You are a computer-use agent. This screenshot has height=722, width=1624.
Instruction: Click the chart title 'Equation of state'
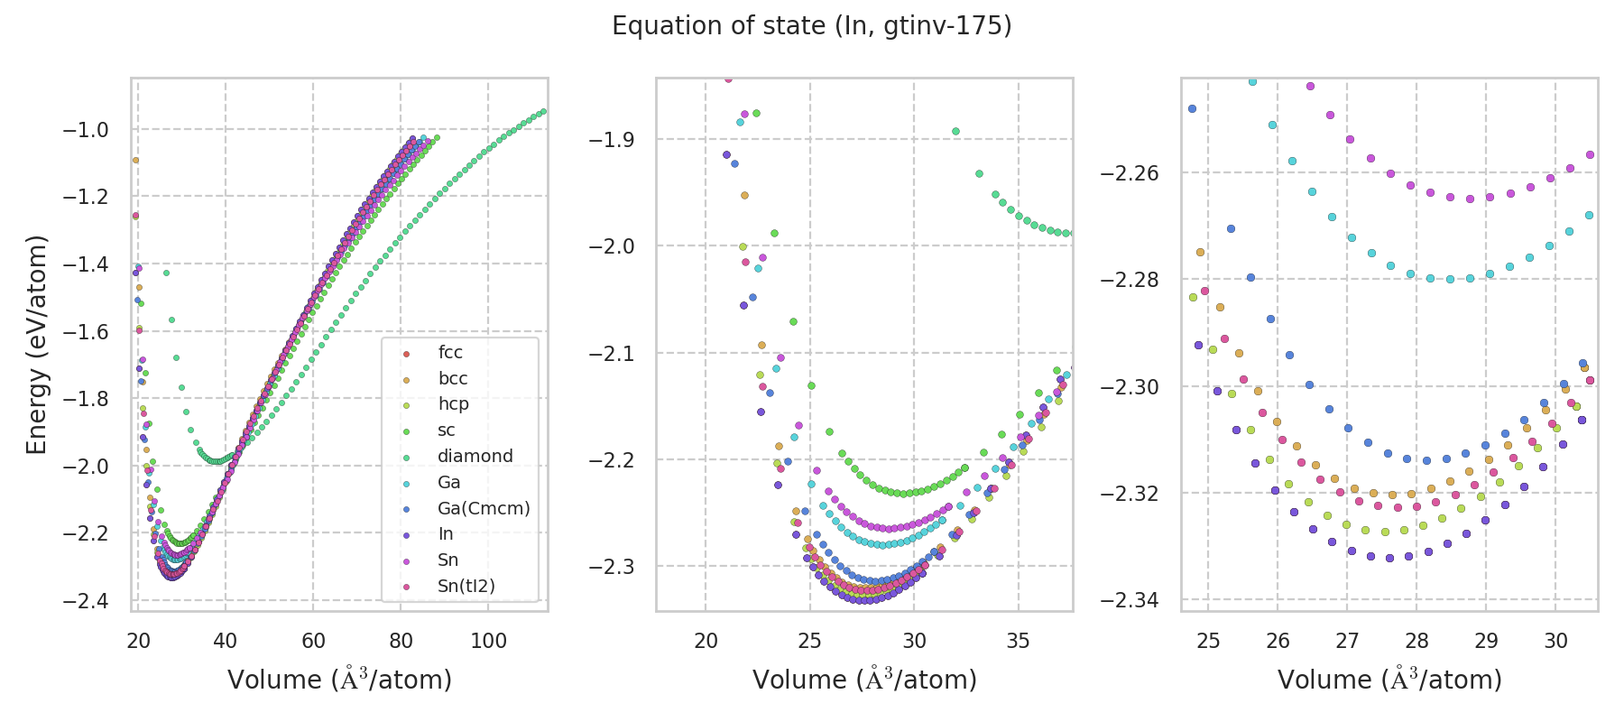811,26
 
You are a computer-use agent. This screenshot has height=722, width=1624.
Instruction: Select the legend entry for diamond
475,457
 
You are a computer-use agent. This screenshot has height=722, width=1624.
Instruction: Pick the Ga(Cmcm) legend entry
484,508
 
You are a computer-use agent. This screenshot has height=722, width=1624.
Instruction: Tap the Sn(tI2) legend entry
466,587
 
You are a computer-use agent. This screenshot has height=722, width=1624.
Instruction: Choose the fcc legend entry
450,353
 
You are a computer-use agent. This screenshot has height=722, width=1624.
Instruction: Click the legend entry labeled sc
447,430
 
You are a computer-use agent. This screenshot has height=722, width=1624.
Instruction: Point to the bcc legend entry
453,379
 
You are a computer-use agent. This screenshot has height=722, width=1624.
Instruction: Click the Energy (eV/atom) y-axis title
36,345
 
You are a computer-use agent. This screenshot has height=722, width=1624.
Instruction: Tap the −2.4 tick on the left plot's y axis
85,601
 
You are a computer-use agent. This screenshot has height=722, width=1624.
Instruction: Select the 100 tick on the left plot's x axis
488,641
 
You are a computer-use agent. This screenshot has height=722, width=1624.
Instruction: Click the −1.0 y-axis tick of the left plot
85,130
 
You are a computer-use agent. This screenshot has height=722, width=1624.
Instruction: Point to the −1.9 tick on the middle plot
611,140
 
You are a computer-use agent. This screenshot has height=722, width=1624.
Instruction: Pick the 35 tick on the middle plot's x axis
1019,641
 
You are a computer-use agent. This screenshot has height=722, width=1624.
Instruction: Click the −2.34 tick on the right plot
1130,600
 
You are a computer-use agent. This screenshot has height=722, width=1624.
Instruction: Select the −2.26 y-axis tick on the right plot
1130,173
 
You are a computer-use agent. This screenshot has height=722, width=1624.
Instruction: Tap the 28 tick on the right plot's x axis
1416,641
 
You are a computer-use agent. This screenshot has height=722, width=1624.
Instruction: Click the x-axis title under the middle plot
864,680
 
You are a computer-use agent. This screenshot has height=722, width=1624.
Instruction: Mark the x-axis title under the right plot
1389,680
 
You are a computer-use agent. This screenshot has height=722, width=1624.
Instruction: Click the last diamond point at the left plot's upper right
543,111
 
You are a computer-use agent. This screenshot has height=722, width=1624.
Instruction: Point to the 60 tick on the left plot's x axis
313,641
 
